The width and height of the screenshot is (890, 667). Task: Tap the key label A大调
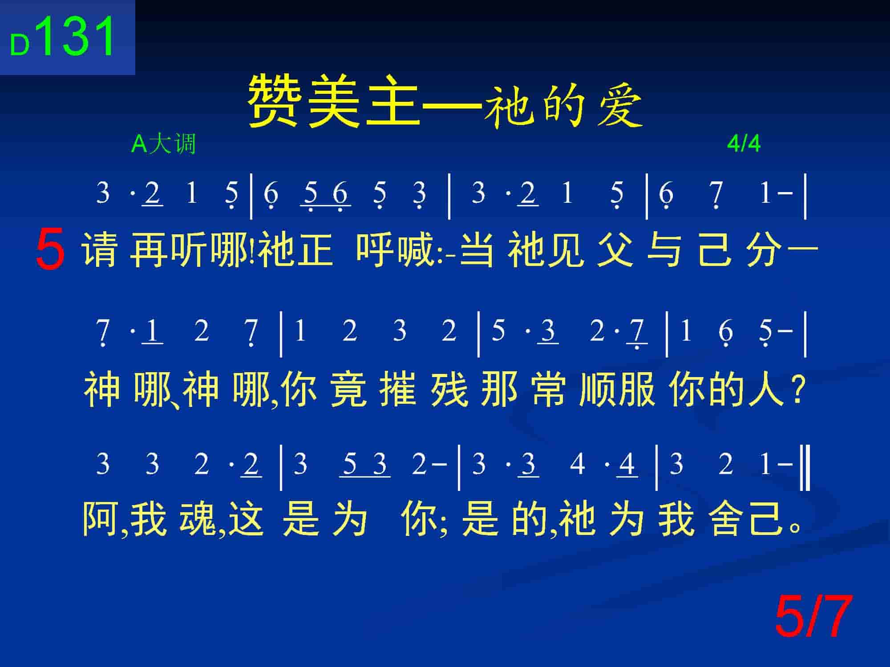(164, 144)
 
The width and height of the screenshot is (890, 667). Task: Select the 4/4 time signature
(744, 143)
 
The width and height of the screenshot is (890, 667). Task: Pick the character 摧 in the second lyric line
(398, 389)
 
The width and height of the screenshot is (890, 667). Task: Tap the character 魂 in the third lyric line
(197, 518)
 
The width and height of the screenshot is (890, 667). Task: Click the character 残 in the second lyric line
(449, 389)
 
